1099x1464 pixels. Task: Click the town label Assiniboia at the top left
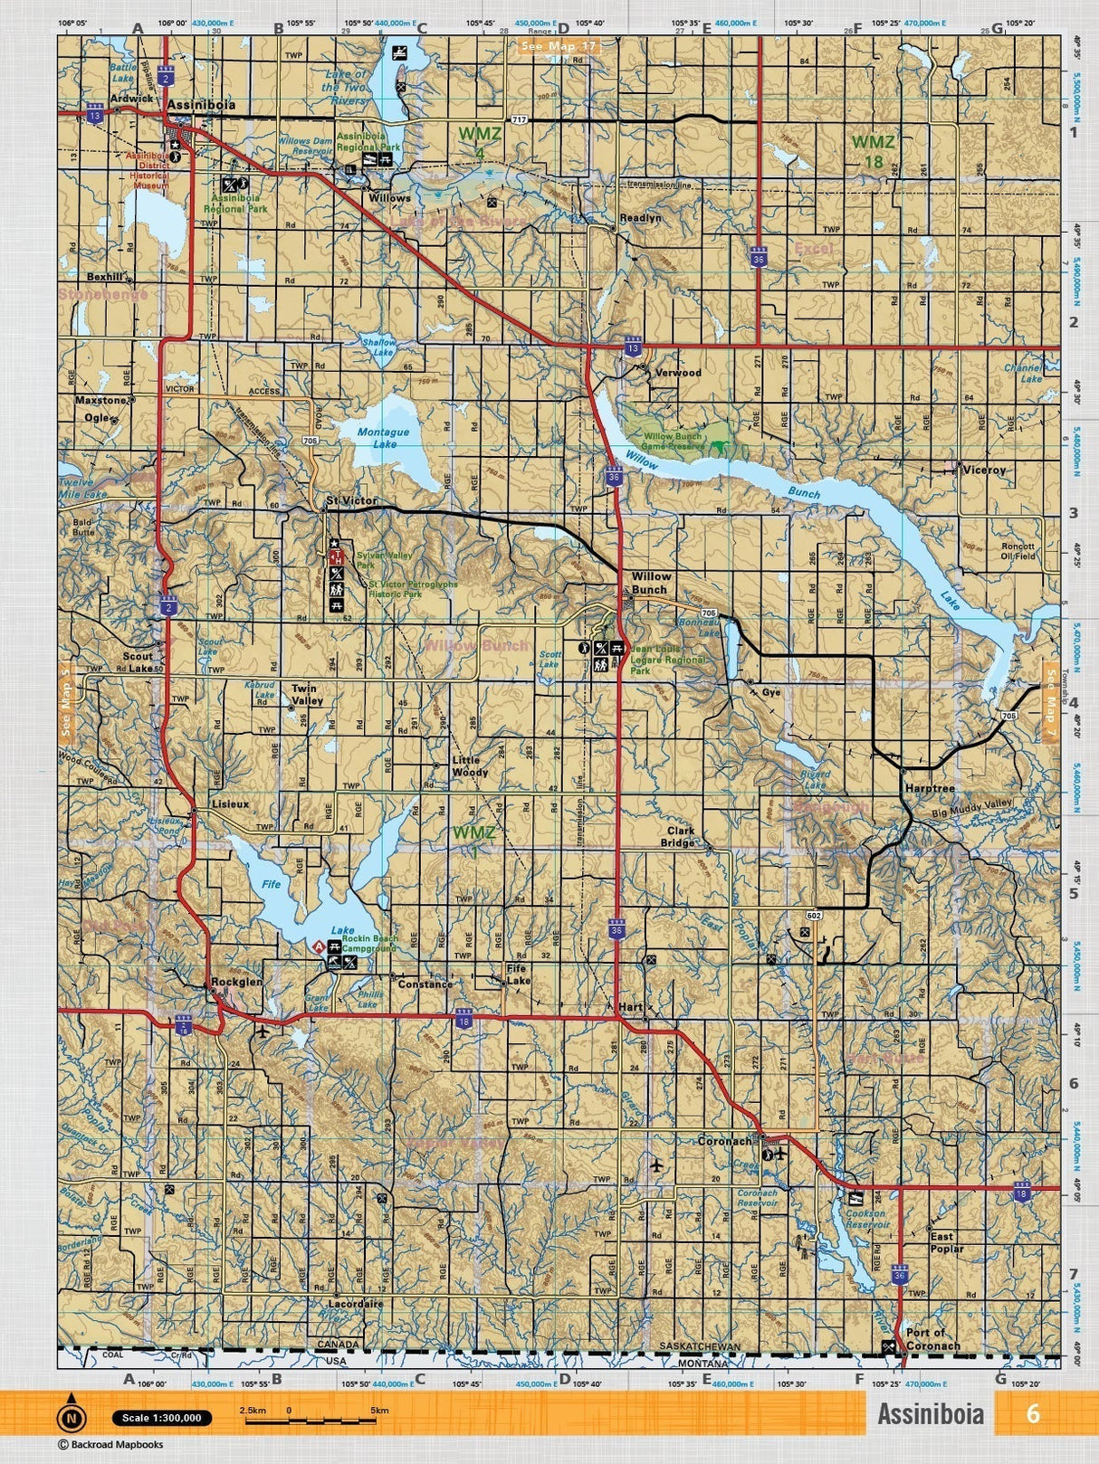coord(201,105)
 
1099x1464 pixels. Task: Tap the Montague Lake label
coord(383,438)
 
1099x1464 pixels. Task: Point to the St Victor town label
coord(351,500)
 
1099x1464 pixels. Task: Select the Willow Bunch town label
coord(651,582)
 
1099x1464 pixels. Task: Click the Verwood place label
coord(678,372)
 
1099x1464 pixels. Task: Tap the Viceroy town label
coord(984,470)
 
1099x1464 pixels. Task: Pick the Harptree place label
coord(930,788)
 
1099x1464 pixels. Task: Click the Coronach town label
coord(724,1142)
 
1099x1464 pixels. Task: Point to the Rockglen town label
coord(236,982)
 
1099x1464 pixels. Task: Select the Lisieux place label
coord(230,803)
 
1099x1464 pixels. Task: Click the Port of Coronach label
coord(932,1339)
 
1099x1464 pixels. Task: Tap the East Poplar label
coord(947,1242)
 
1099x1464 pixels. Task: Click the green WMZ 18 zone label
coord(874,151)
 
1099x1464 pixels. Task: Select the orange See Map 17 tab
coord(558,45)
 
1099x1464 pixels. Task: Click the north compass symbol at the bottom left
coord(71,1418)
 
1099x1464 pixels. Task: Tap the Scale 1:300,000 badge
coord(162,1418)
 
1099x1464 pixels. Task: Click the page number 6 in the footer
coord(1032,1413)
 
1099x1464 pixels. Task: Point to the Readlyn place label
coord(640,218)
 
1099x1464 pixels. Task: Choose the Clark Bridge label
coord(681,836)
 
